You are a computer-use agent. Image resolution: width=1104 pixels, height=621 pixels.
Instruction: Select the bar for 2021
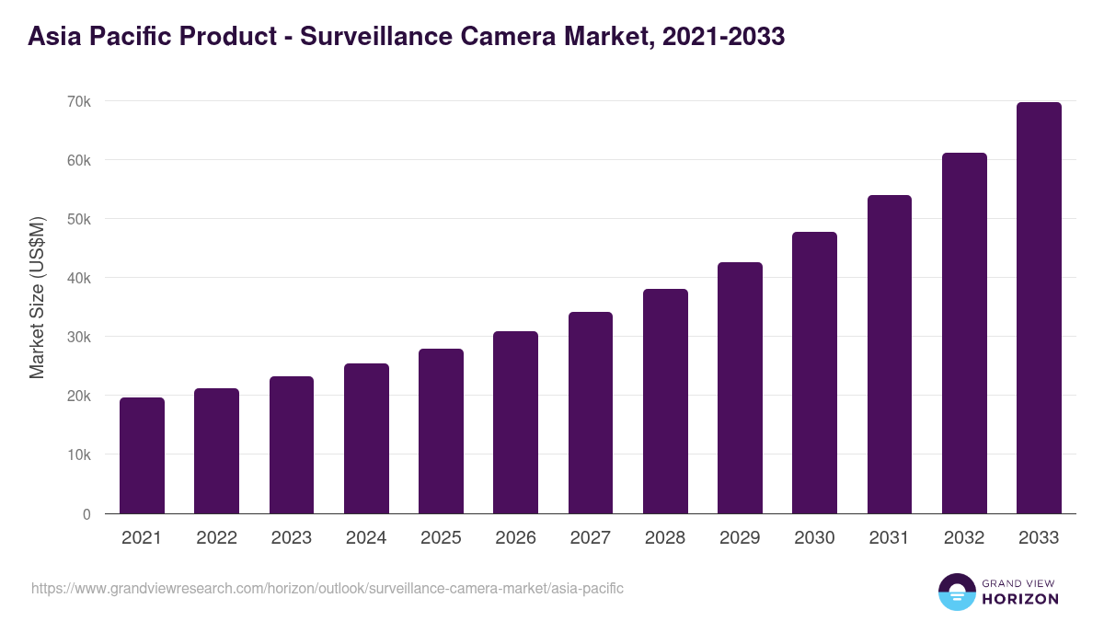pos(142,455)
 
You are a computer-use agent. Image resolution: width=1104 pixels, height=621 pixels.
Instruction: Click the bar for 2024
pos(366,439)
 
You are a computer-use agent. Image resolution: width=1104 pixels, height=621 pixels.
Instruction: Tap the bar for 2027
pos(591,413)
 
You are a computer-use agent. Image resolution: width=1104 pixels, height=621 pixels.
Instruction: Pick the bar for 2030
pos(814,373)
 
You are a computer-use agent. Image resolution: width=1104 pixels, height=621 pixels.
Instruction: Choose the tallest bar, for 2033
pos(1039,308)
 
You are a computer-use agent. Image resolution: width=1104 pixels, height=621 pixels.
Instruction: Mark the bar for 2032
pos(964,333)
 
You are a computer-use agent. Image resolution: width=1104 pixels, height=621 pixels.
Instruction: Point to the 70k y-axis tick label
pos(78,101)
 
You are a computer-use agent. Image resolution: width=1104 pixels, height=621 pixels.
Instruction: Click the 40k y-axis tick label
pos(78,278)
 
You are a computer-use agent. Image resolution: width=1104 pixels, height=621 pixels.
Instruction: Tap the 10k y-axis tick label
pos(78,454)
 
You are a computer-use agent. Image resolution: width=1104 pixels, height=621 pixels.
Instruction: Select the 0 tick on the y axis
pos(86,514)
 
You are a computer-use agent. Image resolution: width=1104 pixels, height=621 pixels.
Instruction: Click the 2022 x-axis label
pos(216,538)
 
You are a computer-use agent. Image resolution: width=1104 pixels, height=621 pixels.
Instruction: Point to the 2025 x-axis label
pos(441,538)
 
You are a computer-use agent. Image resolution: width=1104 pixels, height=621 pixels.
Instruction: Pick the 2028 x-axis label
pos(665,538)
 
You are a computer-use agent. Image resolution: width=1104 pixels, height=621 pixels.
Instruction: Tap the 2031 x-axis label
pos(889,538)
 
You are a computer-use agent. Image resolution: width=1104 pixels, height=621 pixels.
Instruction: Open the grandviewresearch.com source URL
pos(328,588)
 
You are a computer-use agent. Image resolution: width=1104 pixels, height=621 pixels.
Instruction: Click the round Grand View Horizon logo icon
pos(957,592)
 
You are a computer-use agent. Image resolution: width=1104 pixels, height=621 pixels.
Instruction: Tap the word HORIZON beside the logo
pos(1020,599)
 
